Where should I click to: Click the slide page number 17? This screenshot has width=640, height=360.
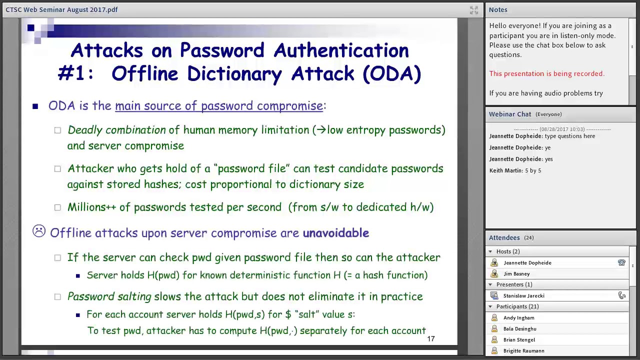tap(430, 339)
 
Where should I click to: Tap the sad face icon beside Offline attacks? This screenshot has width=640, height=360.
tap(39, 231)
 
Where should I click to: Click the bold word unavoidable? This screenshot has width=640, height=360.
tap(335, 233)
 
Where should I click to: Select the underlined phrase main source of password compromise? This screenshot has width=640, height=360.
tap(219, 106)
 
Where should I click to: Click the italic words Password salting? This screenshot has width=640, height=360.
tap(109, 296)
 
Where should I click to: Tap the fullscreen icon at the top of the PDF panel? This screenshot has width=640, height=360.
tap(474, 10)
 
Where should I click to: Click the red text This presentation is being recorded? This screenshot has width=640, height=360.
tap(546, 73)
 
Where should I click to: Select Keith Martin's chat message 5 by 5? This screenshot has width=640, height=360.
tap(533, 170)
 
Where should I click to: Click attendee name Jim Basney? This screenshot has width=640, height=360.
tap(516, 273)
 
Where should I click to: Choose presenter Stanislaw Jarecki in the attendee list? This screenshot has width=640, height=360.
tap(523, 295)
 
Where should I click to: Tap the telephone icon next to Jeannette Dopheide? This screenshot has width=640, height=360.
tap(621, 262)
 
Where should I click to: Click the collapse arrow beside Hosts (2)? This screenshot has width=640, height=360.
tap(490, 251)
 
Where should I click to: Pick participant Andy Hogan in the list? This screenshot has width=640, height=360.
tap(518, 317)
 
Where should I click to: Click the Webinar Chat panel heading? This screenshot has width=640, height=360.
tap(510, 114)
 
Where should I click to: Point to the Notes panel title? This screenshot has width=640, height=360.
tap(498, 9)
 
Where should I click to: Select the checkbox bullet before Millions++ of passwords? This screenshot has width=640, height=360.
tap(57, 207)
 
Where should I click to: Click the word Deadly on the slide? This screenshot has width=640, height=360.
tap(84, 130)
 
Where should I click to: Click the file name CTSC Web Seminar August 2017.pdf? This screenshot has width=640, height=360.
tap(61, 9)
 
